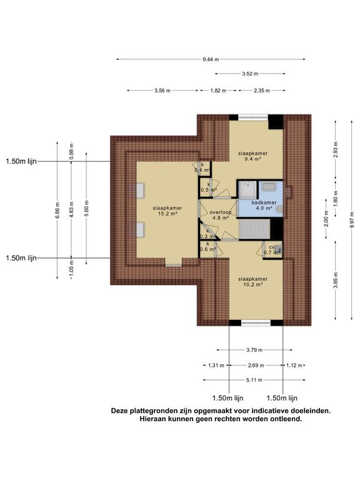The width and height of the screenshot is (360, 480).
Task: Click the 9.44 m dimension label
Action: (x=211, y=59)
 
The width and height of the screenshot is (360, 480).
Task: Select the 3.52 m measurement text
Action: (x=250, y=74)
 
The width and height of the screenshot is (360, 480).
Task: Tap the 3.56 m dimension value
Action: (x=162, y=91)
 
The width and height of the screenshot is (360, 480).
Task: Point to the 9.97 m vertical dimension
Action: (x=352, y=219)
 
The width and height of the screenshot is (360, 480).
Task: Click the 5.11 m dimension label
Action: (x=254, y=380)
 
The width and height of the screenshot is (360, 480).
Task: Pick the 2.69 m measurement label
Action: (x=256, y=366)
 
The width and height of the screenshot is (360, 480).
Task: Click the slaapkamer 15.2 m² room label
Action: (x=167, y=211)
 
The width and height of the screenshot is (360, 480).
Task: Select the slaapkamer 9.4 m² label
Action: (x=253, y=156)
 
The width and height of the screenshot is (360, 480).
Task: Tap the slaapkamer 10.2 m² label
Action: (x=253, y=282)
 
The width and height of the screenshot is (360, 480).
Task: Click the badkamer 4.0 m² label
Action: (x=264, y=205)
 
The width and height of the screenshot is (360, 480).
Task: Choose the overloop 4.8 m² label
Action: (x=221, y=215)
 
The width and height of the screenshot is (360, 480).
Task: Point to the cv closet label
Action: (x=272, y=247)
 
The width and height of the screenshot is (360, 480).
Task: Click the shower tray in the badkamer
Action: (x=247, y=189)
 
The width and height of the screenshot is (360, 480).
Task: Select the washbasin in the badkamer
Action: (x=269, y=186)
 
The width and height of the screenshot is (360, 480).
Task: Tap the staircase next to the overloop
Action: (x=254, y=229)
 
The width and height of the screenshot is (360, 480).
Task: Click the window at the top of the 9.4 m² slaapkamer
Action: (x=253, y=117)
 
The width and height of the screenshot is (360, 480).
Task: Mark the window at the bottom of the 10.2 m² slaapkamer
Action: (x=256, y=322)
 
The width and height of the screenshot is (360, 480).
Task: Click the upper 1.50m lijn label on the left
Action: (x=21, y=161)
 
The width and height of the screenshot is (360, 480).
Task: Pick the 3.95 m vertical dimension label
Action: (x=336, y=280)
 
